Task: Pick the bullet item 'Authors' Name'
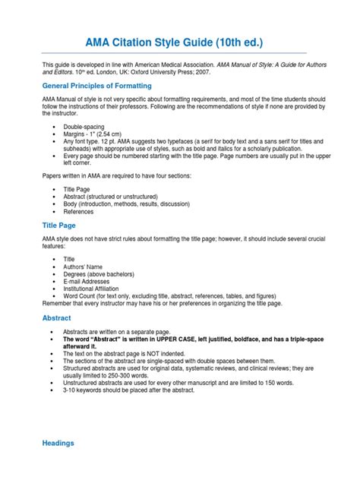coord(86,267)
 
